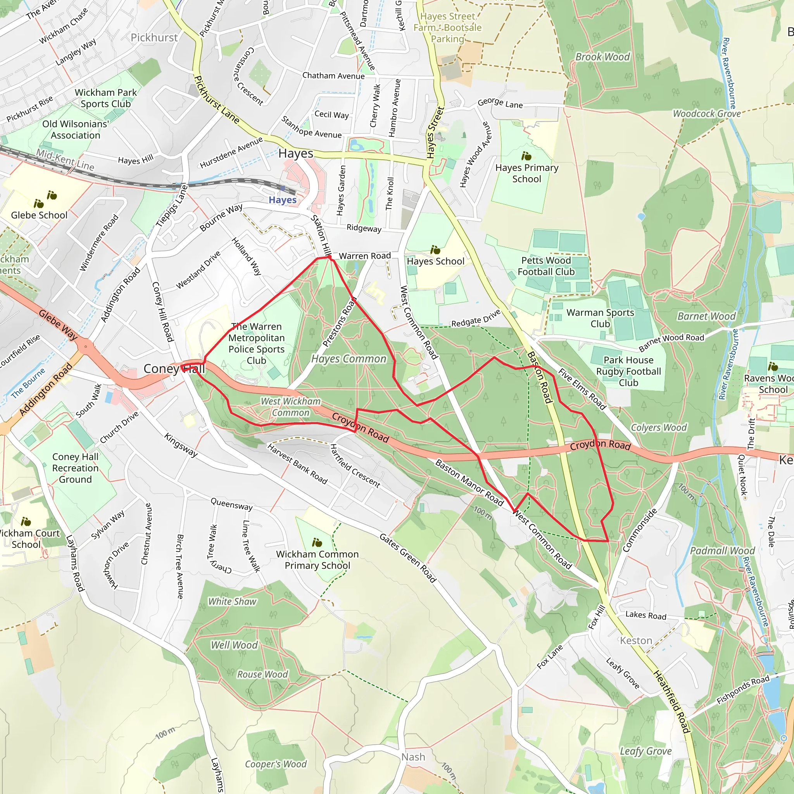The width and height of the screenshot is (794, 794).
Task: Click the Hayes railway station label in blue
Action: coord(282,200)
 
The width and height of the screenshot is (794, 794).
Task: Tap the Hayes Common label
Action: coord(349,359)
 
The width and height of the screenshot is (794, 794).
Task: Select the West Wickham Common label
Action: coord(290,407)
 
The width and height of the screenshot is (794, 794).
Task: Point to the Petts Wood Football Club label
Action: coord(546,266)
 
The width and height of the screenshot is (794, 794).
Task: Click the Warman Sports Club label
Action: coord(600,318)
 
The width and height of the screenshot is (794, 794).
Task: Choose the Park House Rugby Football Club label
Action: coord(628,371)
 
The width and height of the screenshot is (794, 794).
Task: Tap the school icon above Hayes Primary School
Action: coord(526,156)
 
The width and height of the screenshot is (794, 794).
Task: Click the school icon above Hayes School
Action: coord(435,250)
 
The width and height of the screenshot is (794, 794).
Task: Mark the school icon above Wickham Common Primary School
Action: coord(317,542)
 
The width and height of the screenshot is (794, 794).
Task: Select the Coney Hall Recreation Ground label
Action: coord(75,468)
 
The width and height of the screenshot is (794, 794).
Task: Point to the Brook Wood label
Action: coord(602,57)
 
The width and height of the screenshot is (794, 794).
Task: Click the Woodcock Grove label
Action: coord(706,114)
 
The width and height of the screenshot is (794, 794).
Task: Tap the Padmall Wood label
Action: coord(722,551)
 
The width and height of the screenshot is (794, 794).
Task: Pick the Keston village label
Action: coord(636,641)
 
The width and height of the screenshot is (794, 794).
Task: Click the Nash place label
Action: coord(413,757)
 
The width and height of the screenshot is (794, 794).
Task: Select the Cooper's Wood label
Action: coord(276,764)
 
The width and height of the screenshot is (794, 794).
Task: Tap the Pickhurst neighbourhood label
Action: coord(154,38)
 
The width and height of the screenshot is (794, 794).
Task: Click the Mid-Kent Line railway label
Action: coord(65,159)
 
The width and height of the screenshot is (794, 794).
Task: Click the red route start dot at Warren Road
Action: coord(329,257)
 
